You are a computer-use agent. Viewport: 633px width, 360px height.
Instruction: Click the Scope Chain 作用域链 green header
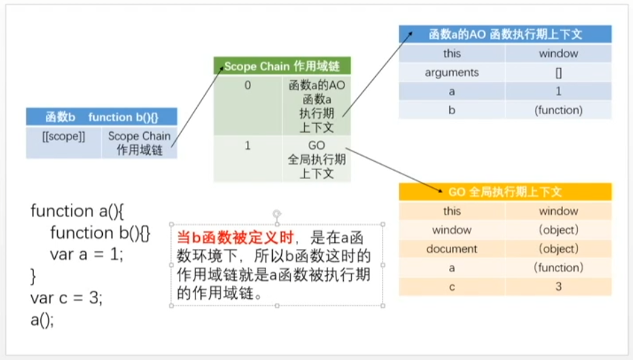tap(282, 66)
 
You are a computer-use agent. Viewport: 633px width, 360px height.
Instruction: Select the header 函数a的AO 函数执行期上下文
tap(505, 34)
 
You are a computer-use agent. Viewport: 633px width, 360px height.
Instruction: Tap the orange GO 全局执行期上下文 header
tap(505, 192)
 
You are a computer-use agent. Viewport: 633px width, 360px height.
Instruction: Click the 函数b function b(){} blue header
tap(101, 116)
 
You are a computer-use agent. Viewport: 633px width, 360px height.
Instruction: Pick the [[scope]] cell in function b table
tap(63, 136)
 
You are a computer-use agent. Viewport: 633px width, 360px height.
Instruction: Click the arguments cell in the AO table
tap(452, 72)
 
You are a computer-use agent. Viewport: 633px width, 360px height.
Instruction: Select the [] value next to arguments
tap(558, 72)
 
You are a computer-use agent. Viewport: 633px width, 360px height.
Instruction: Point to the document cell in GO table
tap(452, 249)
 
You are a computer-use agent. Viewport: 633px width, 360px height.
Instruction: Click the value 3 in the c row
tap(558, 287)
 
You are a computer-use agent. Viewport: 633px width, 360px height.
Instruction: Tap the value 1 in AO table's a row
tap(558, 91)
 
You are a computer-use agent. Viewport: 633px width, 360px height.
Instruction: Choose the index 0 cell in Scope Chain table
tap(247, 85)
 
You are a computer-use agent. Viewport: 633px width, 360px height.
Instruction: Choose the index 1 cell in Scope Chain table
tap(247, 146)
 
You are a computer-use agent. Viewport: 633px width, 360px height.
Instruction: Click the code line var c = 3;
tap(66, 297)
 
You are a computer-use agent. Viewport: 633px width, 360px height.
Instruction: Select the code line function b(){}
tap(100, 233)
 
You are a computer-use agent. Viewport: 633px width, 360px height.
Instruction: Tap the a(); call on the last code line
tap(42, 318)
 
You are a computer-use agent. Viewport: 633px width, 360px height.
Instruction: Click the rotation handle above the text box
tap(276, 213)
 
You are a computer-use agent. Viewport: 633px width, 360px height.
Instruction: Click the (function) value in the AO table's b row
tap(558, 110)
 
